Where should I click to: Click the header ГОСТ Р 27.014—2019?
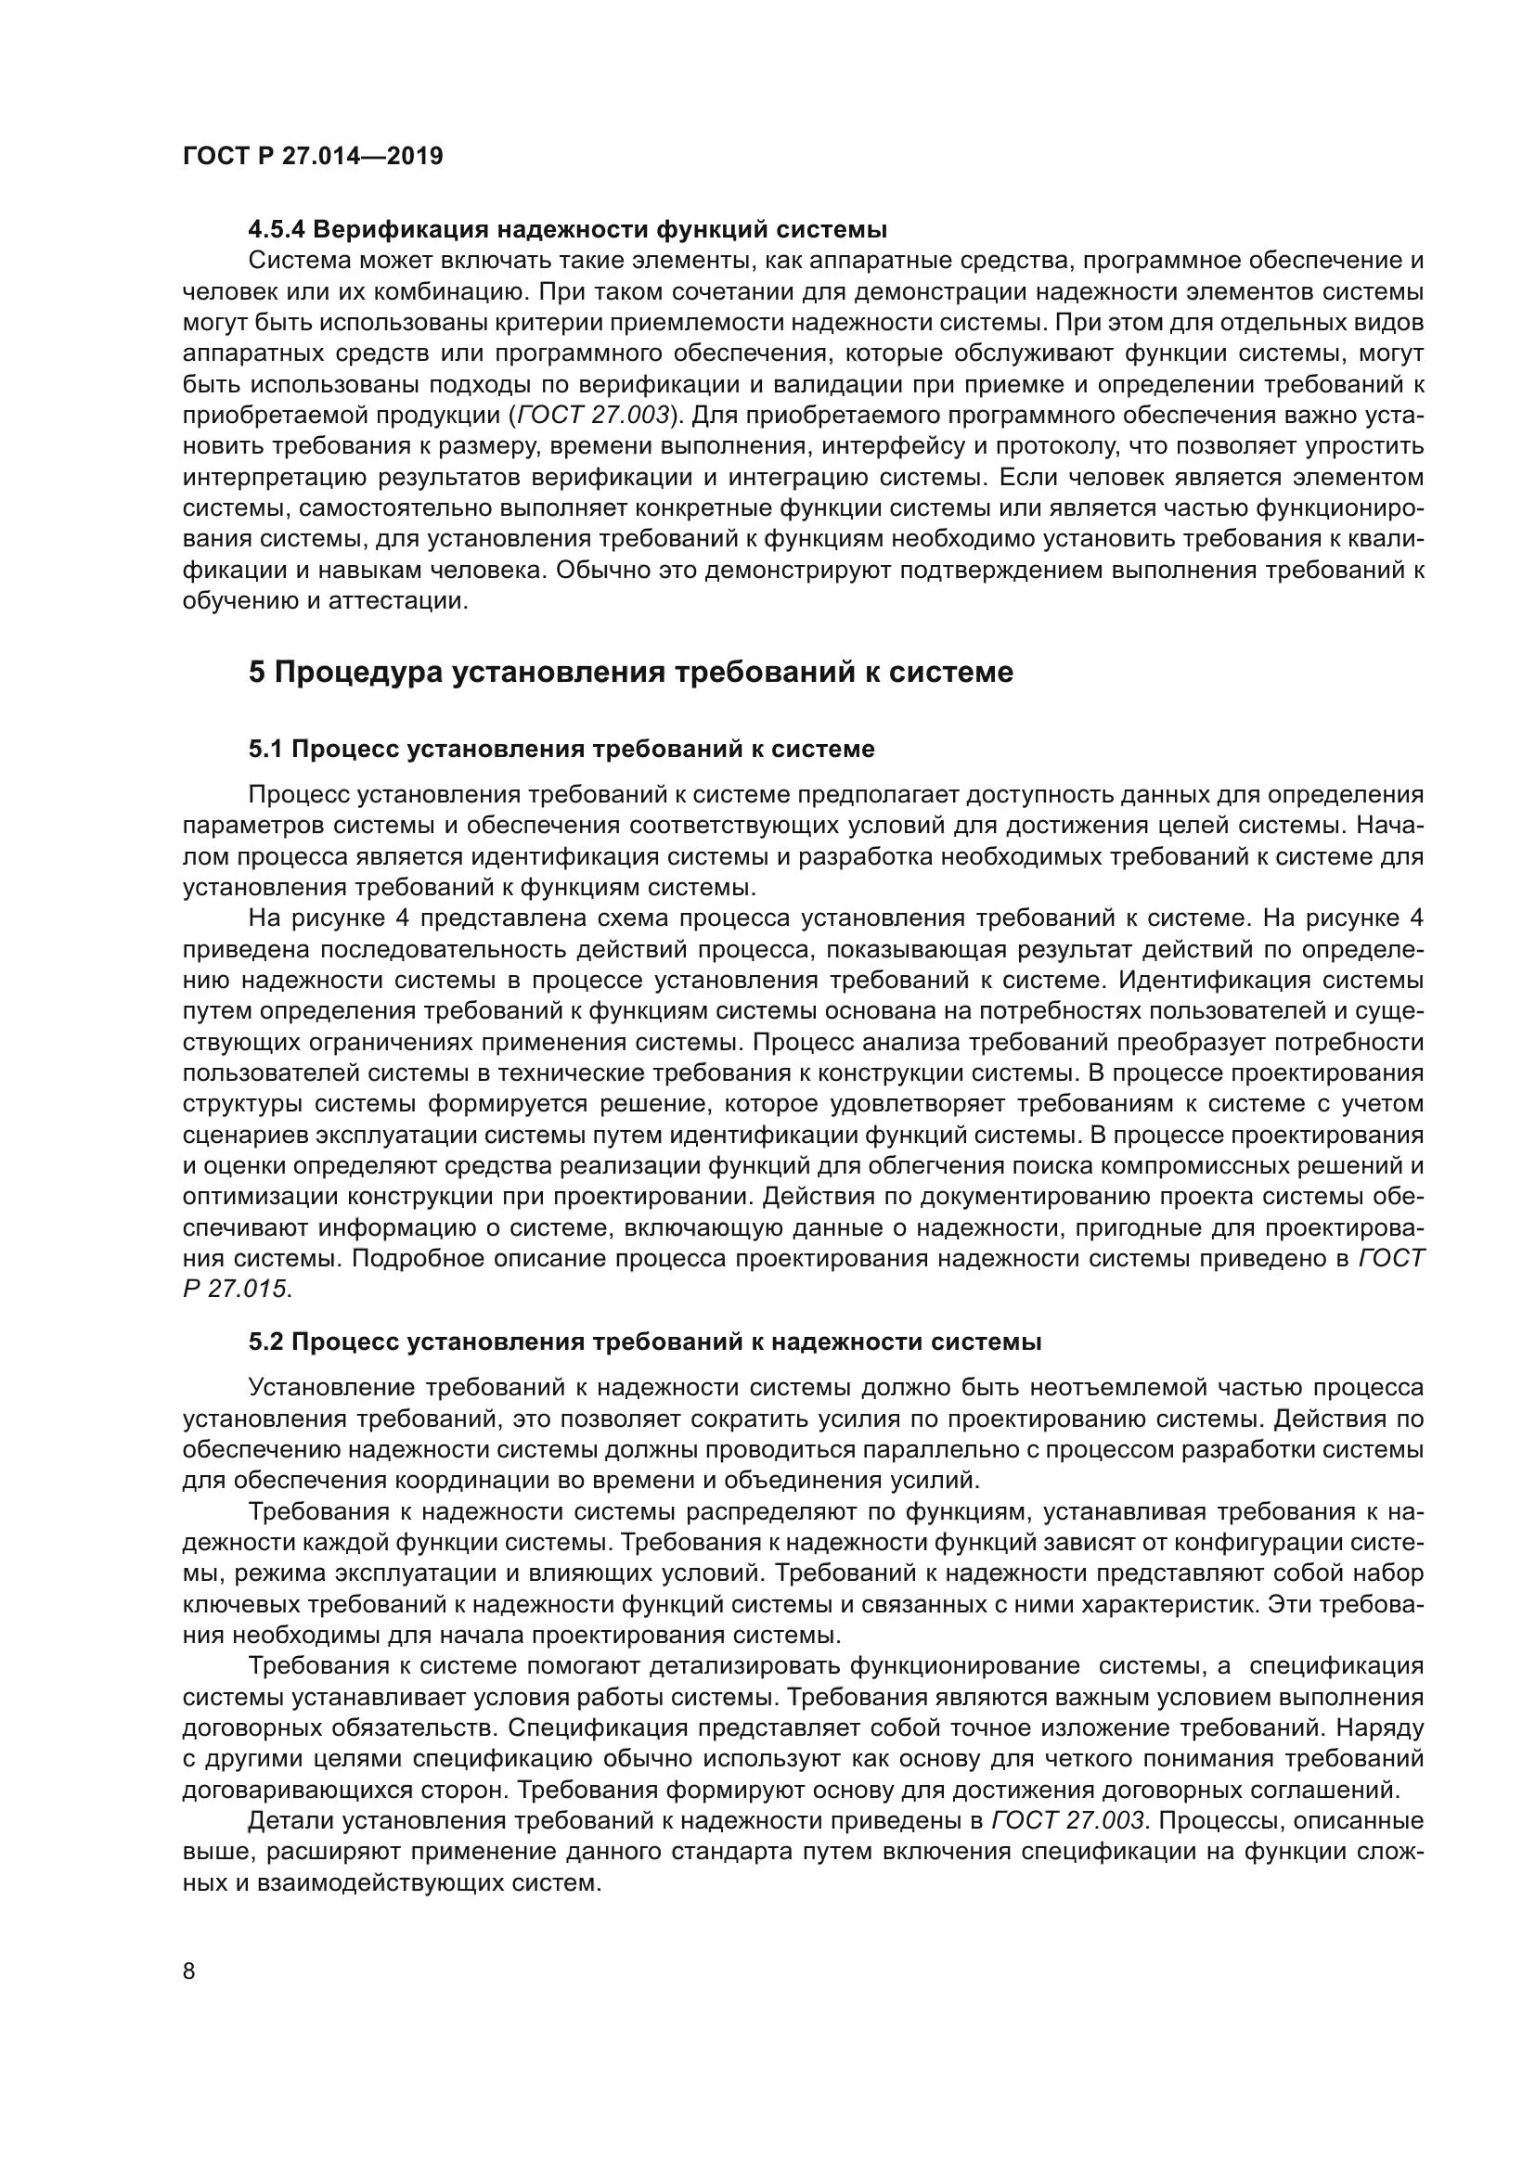point(313,157)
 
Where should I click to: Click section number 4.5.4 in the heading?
point(277,230)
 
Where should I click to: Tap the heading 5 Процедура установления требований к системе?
point(630,672)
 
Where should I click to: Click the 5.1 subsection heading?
point(561,750)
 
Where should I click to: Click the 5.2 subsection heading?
point(645,1342)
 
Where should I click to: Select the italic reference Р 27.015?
point(236,1290)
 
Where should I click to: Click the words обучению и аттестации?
point(324,601)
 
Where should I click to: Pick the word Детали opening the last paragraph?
point(290,1821)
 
